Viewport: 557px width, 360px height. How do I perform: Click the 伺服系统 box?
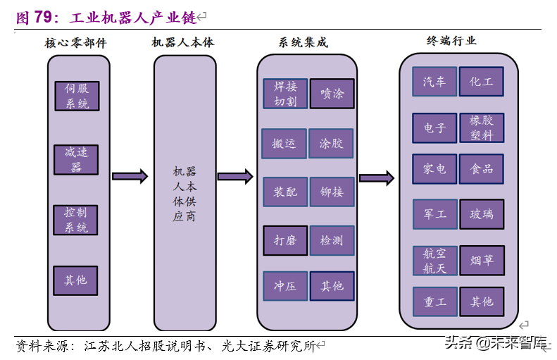(76, 97)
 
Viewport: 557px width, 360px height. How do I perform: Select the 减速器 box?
(76, 160)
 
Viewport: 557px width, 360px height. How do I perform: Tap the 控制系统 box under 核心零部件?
(76, 220)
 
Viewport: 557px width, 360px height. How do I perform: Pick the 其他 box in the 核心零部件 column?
(76, 280)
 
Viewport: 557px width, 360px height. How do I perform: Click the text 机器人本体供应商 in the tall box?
(184, 194)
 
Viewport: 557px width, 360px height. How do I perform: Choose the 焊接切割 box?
(285, 94)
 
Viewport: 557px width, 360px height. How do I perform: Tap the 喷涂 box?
(332, 94)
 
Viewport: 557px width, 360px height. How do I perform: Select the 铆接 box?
(332, 192)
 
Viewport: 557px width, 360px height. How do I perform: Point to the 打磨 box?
(285, 241)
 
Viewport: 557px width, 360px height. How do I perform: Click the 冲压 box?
(285, 286)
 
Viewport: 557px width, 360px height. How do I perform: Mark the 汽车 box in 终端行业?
(434, 82)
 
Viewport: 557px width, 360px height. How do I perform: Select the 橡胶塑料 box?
(482, 128)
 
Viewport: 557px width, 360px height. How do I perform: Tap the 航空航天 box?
(434, 261)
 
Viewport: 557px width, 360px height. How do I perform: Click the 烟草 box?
(482, 261)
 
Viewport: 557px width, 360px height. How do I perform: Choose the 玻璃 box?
(482, 214)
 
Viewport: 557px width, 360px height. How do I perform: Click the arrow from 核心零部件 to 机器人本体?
(130, 176)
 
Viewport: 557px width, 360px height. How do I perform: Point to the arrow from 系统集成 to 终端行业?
(376, 178)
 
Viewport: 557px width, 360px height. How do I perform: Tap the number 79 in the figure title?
(44, 17)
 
